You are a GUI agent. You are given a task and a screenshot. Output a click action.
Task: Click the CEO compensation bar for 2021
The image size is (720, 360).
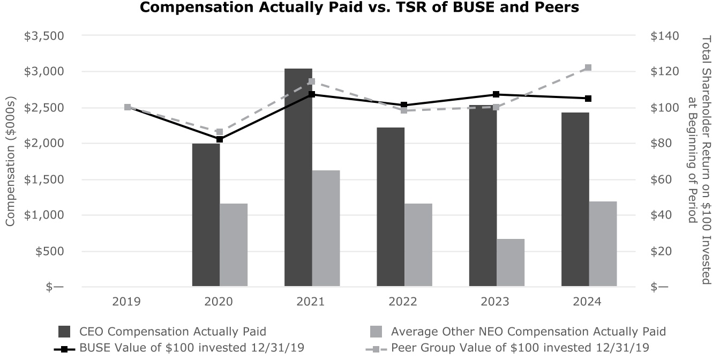[298, 177]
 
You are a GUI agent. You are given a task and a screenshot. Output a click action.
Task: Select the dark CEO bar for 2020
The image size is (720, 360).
[206, 214]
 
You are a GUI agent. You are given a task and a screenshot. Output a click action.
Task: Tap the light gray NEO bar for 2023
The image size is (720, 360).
[511, 262]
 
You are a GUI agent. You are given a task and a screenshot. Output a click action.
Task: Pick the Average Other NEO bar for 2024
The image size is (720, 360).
[603, 244]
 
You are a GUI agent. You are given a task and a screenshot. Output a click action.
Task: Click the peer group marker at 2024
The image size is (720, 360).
[588, 68]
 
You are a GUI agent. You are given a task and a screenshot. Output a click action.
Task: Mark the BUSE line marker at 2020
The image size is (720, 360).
[220, 139]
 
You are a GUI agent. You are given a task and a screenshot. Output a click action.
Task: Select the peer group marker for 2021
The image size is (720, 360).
[312, 82]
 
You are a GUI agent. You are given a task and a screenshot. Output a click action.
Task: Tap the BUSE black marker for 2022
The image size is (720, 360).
[404, 105]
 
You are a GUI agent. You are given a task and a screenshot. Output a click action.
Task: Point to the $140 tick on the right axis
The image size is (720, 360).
[664, 36]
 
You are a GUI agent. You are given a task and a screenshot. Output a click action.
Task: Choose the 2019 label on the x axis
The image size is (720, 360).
[127, 302]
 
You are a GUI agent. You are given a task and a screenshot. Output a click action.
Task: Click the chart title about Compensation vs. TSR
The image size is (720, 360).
[359, 8]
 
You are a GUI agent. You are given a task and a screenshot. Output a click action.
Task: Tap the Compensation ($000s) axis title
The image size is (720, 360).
[11, 161]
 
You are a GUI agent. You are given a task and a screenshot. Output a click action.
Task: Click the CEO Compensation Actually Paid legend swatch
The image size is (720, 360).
[64, 331]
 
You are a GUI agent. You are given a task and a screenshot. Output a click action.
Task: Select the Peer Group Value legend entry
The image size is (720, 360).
[520, 348]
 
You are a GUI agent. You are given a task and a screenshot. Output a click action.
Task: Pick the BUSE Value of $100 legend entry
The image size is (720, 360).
[192, 348]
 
